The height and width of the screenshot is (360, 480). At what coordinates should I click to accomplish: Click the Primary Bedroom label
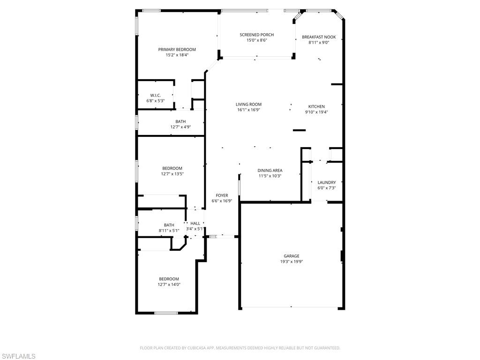(177, 49)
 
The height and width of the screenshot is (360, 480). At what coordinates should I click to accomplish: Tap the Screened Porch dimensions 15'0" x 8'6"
(256, 40)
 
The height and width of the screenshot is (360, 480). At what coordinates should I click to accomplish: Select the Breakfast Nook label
(318, 37)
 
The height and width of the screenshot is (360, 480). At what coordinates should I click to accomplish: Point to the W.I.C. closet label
(155, 95)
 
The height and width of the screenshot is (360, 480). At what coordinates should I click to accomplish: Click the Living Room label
(248, 104)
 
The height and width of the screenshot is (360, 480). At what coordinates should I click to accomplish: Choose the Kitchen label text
(316, 106)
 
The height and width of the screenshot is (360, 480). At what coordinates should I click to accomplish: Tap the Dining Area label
(270, 170)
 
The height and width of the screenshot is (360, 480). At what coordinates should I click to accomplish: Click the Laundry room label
(326, 182)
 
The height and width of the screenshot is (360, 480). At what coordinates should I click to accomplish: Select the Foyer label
(222, 195)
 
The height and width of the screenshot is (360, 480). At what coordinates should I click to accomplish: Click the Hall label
(195, 223)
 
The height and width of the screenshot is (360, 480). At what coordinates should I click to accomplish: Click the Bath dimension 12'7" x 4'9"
(180, 127)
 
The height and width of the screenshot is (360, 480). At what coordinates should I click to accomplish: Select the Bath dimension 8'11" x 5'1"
(169, 230)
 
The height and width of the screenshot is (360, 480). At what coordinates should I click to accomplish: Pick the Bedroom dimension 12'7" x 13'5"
(172, 173)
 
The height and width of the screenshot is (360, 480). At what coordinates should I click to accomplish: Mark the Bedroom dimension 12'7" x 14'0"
(169, 284)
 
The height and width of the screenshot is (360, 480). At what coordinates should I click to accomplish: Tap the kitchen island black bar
(299, 130)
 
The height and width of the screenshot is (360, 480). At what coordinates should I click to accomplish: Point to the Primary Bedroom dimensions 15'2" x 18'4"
(177, 55)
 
